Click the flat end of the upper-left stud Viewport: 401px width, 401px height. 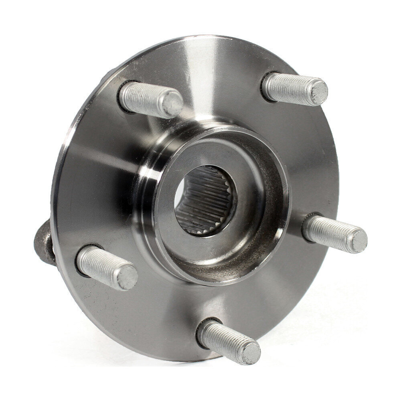click(173, 103)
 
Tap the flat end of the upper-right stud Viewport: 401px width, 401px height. click(319, 92)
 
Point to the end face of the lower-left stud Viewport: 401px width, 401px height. click(128, 277)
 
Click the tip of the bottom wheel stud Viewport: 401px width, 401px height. click(251, 353)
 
